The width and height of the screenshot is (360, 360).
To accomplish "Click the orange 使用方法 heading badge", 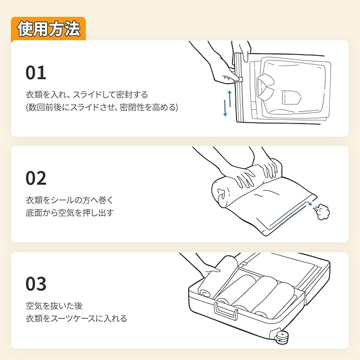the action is coord(48,29).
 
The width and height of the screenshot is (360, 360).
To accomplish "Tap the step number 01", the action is coord(36,72).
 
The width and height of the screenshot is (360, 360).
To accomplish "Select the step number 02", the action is coord(37,178).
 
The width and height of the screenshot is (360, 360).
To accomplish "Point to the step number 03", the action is coord(37,284).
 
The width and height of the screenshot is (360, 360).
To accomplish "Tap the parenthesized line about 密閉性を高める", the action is coord(102,107).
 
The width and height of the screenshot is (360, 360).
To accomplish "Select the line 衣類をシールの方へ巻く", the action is coord(69,200).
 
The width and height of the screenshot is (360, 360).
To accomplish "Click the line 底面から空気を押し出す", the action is coord(69,213).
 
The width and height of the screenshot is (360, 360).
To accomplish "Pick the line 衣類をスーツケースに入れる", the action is coord(76,319).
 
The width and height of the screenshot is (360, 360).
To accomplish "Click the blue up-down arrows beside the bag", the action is coord(227,103).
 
